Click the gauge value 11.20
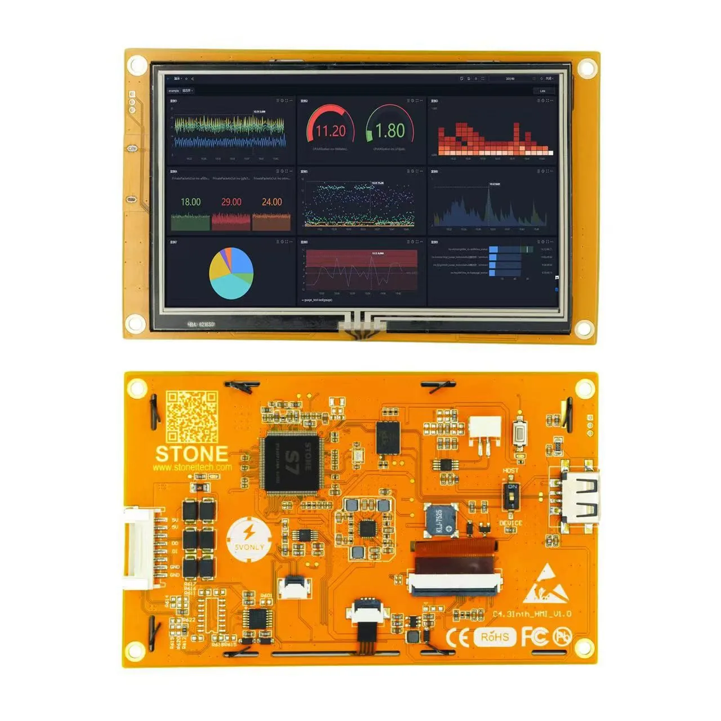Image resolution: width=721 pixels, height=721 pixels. coord(330,131)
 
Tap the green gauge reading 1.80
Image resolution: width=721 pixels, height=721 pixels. coord(390,131)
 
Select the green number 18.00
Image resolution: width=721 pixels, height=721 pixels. coord(190,202)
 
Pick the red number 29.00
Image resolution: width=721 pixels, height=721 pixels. coord(231,202)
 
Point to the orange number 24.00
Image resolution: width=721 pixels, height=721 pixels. coord(272,202)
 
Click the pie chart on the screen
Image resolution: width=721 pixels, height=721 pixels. coord(231,273)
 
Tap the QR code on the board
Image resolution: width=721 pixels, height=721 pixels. coord(192,417)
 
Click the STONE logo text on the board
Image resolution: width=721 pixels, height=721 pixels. coord(192,454)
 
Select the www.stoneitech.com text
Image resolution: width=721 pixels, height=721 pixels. coord(192,467)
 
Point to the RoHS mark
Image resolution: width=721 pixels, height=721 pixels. coord(495,637)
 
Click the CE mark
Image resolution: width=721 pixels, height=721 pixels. coord(457,637)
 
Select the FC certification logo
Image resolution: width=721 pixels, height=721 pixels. coord(534,637)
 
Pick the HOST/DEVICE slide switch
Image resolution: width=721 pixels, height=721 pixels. coord(511,496)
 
